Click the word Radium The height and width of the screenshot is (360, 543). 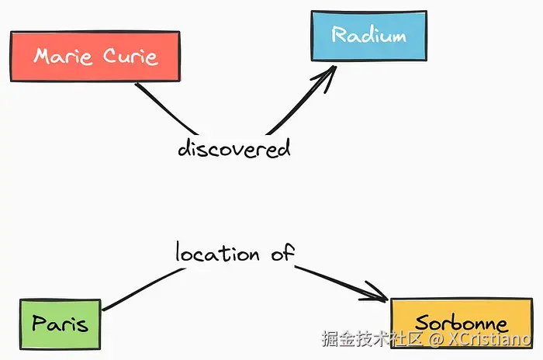(x=368, y=35)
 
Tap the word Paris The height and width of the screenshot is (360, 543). (x=60, y=324)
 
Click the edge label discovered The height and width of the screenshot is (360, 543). (x=234, y=147)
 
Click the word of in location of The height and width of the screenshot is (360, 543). (x=282, y=253)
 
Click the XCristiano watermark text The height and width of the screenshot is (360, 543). (x=489, y=339)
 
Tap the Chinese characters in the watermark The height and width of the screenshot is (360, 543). (x=372, y=339)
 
